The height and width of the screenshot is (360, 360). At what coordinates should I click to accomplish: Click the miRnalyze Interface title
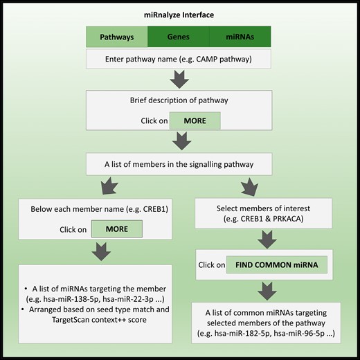point(179,15)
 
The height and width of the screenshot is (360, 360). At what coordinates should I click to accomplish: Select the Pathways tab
point(116,36)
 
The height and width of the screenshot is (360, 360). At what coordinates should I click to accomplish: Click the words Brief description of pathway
point(179,101)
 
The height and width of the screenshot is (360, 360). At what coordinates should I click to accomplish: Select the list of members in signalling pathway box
point(179,164)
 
